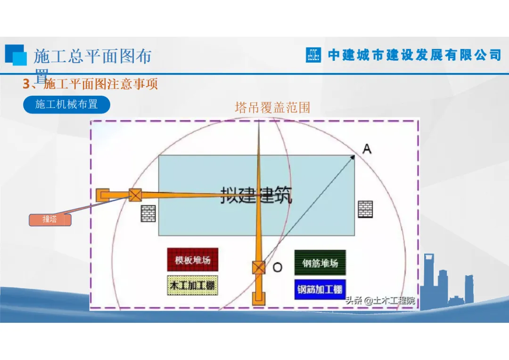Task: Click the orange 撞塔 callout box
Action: (50, 220)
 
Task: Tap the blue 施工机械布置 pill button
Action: (66, 104)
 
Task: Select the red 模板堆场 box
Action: (193, 260)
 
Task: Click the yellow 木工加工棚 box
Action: (193, 286)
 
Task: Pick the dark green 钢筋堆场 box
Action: (320, 262)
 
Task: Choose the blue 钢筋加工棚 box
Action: (320, 289)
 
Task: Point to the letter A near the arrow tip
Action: (367, 149)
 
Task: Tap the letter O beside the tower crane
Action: (278, 268)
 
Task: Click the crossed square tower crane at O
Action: (258, 268)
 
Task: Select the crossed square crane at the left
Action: (135, 195)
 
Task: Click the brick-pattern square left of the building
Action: (148, 213)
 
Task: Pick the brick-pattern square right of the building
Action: (365, 209)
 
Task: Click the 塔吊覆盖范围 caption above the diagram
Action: (272, 107)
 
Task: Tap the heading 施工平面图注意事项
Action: (100, 84)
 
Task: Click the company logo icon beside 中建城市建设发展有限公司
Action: (313, 55)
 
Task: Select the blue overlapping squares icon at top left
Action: (16, 55)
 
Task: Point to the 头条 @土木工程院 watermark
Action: (380, 300)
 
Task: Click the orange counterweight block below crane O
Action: (258, 298)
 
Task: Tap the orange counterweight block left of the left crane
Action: (102, 195)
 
